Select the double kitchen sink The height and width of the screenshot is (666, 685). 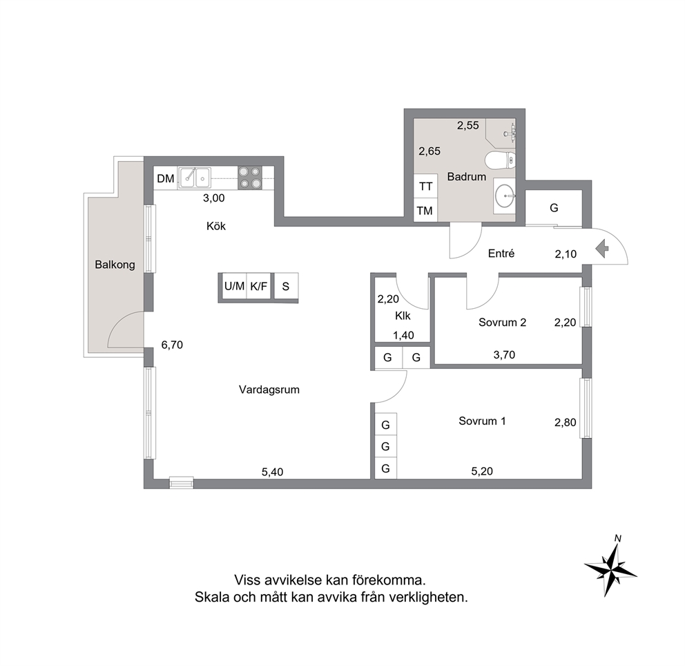click(x=194, y=178)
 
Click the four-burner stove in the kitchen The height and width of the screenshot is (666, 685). click(x=250, y=178)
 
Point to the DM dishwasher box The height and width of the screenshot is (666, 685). click(x=166, y=178)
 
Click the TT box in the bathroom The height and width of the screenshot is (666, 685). click(x=425, y=186)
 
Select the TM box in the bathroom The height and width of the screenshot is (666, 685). click(x=425, y=210)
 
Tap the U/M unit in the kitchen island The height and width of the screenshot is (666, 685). click(x=234, y=286)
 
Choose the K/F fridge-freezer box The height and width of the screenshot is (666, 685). click(x=259, y=286)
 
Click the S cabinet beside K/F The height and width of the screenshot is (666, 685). click(x=286, y=286)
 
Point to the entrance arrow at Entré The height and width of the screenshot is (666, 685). click(x=602, y=249)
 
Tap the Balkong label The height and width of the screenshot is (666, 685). click(x=115, y=265)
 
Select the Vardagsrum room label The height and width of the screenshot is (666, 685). click(x=269, y=390)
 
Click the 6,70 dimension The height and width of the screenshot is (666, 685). click(x=172, y=345)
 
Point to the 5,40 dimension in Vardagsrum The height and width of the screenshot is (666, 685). click(x=273, y=472)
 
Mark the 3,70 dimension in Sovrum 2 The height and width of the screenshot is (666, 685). click(x=504, y=354)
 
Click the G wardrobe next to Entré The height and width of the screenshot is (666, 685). click(x=554, y=208)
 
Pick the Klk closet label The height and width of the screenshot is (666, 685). click(x=403, y=316)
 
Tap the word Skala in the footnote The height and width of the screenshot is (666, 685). click(x=212, y=597)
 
